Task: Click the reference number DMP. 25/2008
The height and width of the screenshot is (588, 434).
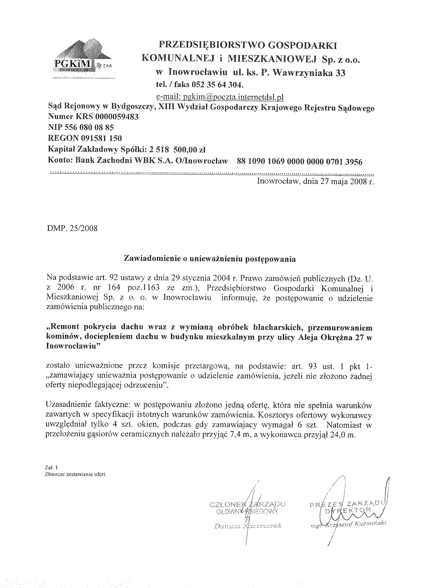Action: pos(72,228)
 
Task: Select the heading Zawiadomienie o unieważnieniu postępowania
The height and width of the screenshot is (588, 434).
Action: pos(210,259)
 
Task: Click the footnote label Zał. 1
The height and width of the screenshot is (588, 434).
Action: pos(49,468)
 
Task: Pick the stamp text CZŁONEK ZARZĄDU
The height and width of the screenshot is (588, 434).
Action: pos(248,504)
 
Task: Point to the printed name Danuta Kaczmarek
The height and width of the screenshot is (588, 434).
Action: pos(248,526)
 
